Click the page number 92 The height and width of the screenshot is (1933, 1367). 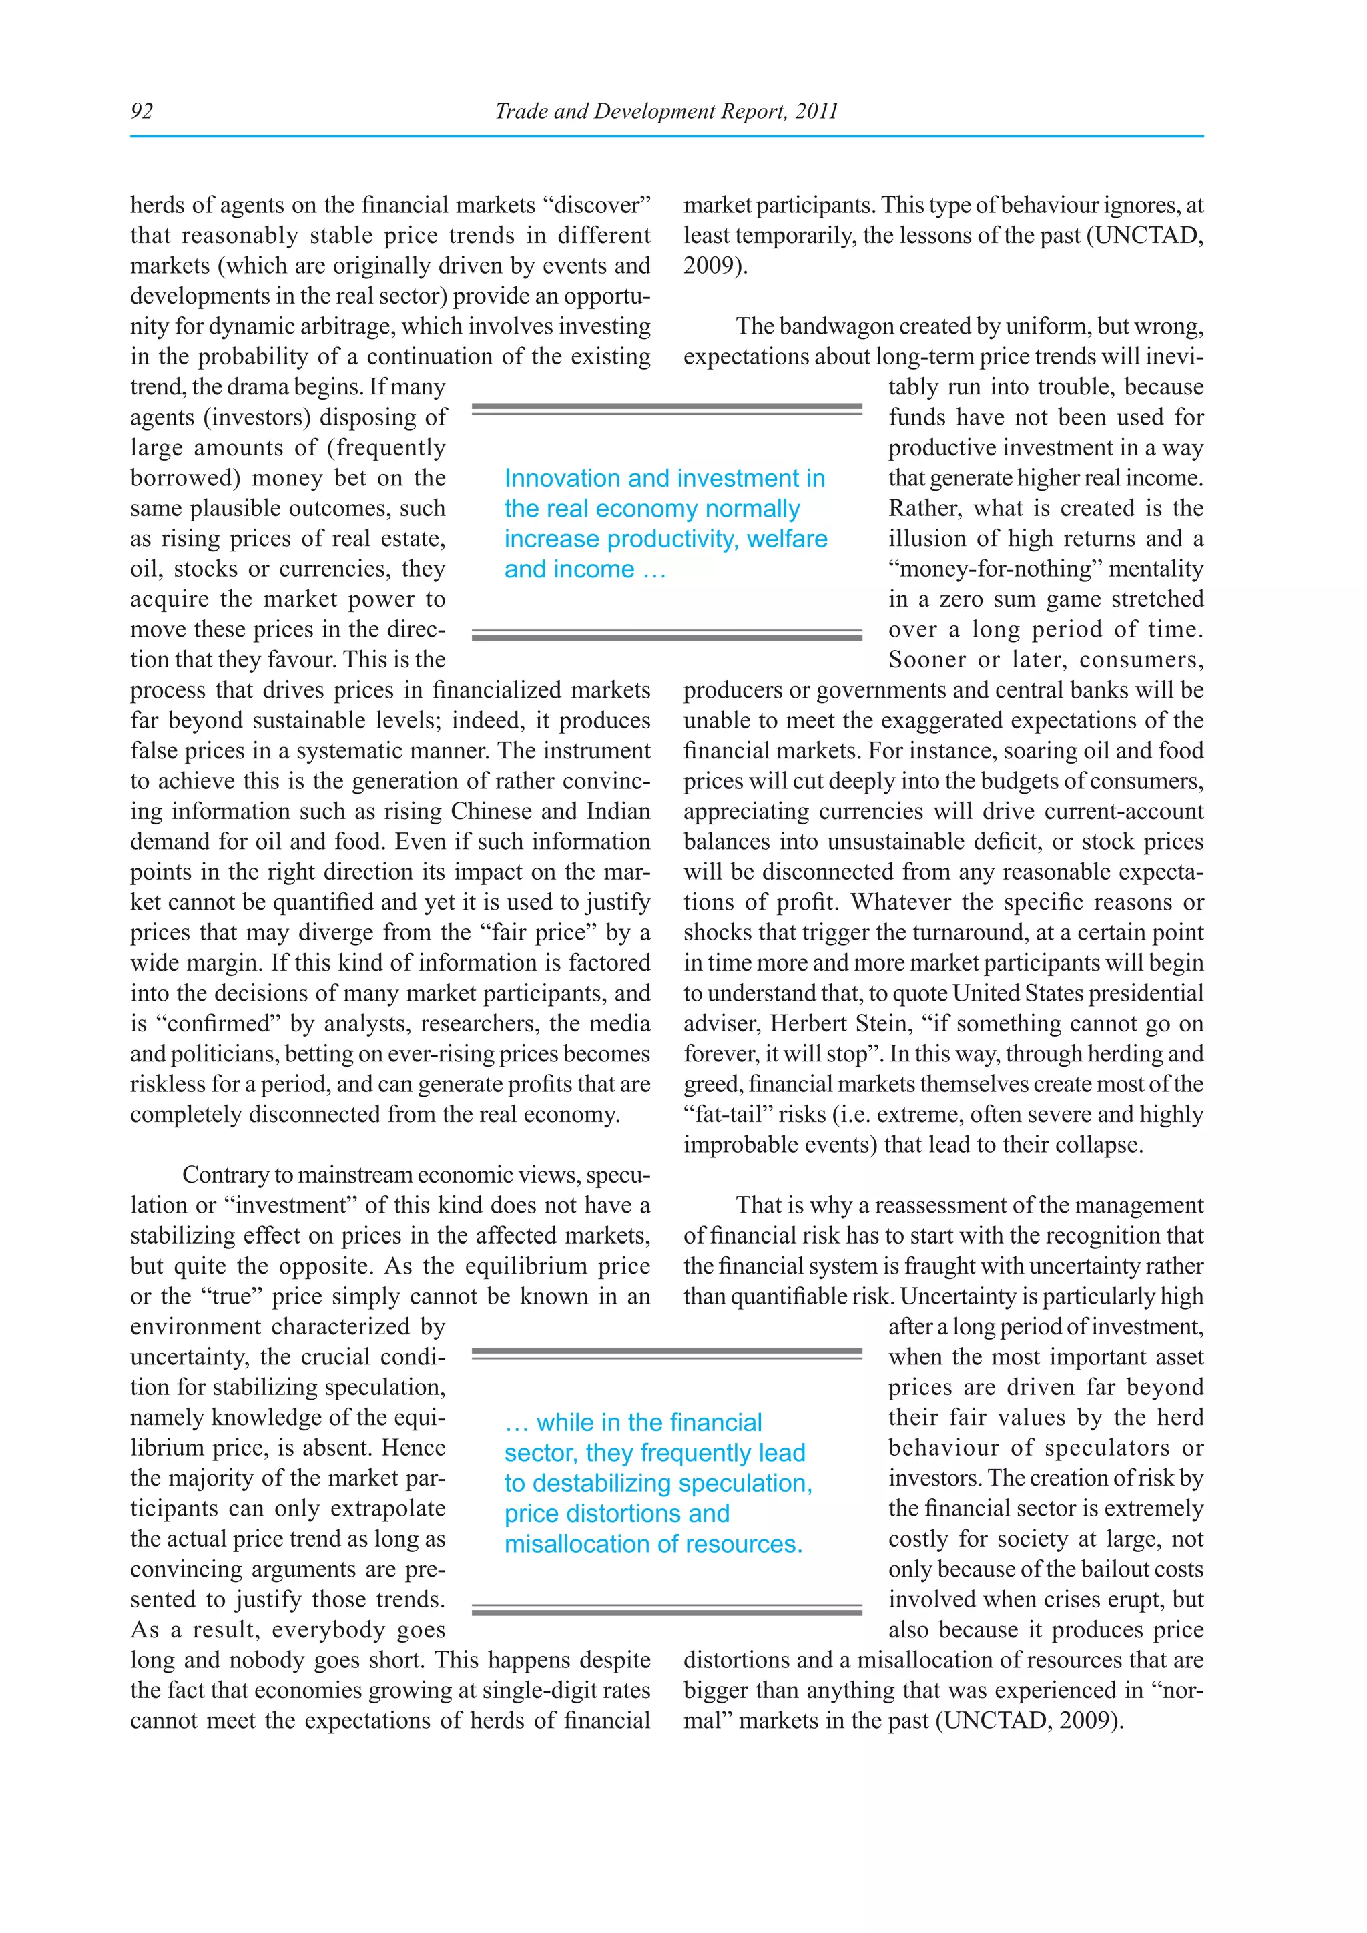coord(142,111)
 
